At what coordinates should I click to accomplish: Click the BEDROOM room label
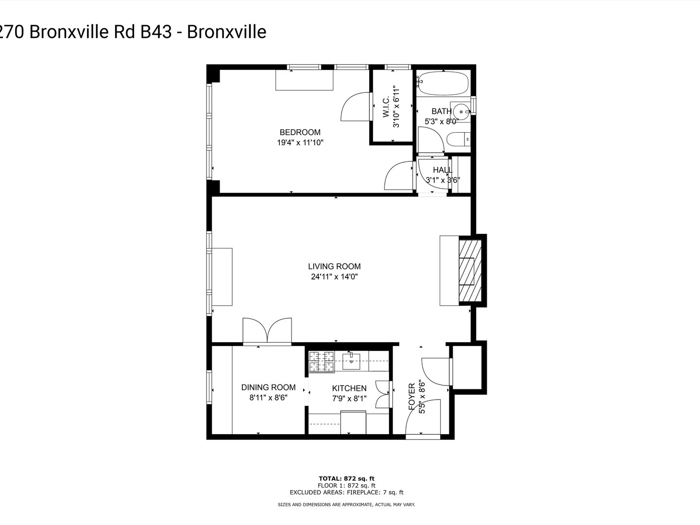point(300,132)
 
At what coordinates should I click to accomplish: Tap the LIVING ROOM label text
point(334,266)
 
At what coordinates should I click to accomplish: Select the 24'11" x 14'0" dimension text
point(334,277)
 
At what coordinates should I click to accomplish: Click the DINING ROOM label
point(268,387)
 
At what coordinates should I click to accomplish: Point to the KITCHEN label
point(349,388)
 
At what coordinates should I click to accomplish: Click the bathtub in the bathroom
point(443,84)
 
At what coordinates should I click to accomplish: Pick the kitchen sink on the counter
point(351,360)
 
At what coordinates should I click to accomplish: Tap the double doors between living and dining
point(267,332)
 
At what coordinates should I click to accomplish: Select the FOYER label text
point(412,396)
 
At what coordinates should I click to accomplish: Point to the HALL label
point(443,170)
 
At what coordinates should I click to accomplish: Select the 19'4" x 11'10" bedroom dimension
point(300,143)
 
